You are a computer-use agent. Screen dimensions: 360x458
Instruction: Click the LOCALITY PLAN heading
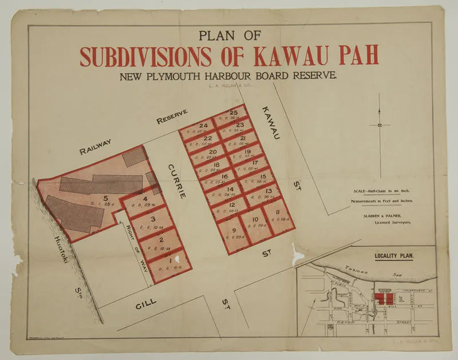point(395,256)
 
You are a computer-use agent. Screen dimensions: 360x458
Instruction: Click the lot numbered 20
point(212,153)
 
